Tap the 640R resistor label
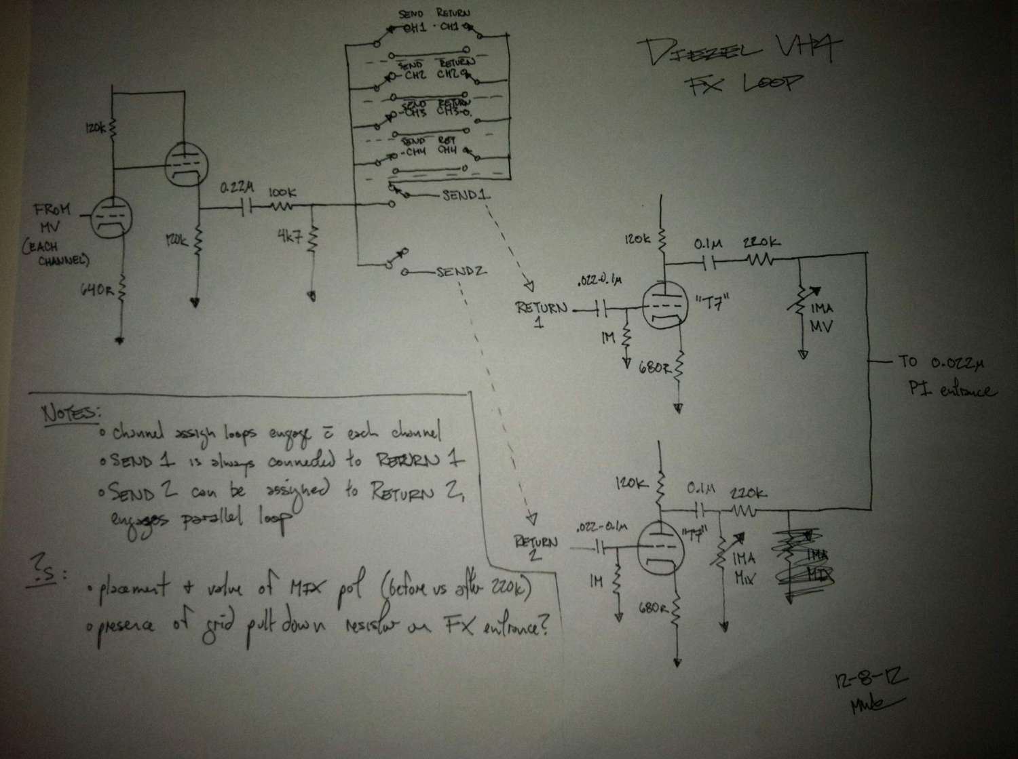(x=96, y=290)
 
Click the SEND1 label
(x=466, y=195)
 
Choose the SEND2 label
(x=461, y=273)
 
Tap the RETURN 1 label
(x=540, y=313)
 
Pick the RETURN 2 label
(x=536, y=547)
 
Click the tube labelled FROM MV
(x=110, y=218)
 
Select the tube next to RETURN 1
(x=660, y=307)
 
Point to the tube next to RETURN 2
(x=659, y=543)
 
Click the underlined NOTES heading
(x=70, y=412)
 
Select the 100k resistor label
(x=282, y=192)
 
